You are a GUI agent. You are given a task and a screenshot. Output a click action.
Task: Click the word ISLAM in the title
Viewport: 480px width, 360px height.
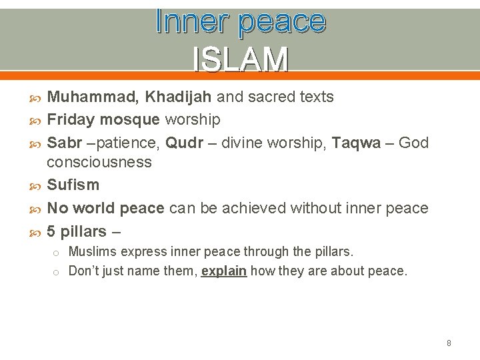(240, 59)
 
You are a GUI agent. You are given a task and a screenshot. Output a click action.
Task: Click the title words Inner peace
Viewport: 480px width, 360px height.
(240, 22)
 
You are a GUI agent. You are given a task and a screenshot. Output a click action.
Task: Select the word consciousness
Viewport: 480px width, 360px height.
(99, 162)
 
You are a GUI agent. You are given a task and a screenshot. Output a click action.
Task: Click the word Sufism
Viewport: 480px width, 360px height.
(73, 185)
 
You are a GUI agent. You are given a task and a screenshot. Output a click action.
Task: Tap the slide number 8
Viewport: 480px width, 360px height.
(449, 343)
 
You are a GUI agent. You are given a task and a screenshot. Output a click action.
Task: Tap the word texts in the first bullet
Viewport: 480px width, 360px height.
(315, 97)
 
